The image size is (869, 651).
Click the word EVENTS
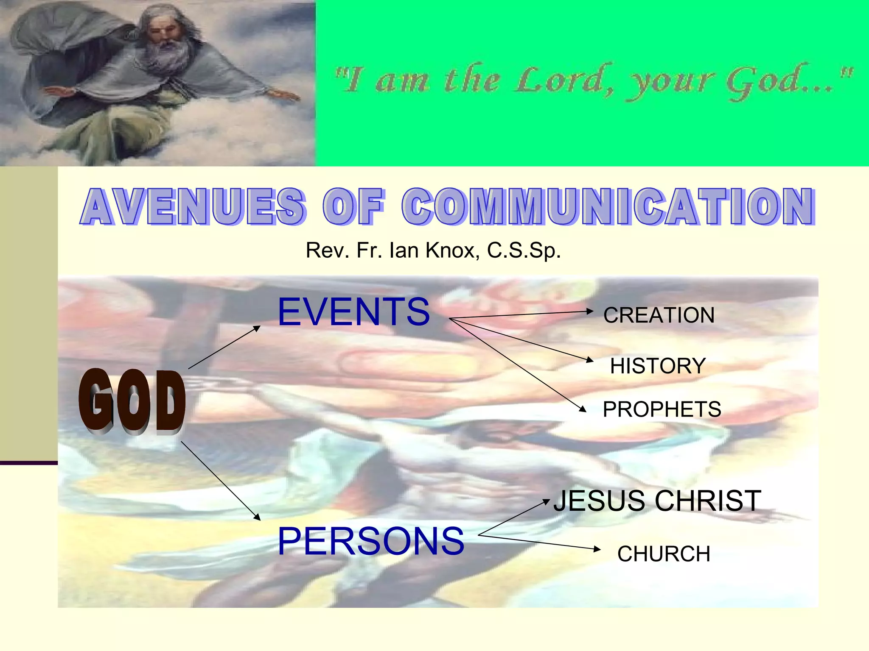pyautogui.click(x=353, y=312)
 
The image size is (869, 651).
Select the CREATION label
pyautogui.click(x=659, y=315)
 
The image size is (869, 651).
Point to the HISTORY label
pyautogui.click(x=658, y=366)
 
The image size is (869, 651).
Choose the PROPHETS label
pyautogui.click(x=662, y=409)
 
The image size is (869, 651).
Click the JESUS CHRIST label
pyautogui.click(x=657, y=501)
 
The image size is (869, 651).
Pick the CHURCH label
pyautogui.click(x=664, y=554)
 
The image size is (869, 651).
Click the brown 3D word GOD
pyautogui.click(x=132, y=401)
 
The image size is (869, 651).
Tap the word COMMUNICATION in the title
pyautogui.click(x=608, y=206)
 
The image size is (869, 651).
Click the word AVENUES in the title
pyautogui.click(x=192, y=206)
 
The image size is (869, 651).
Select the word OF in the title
pyautogui.click(x=353, y=206)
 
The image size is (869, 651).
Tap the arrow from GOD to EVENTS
pyautogui.click(x=224, y=347)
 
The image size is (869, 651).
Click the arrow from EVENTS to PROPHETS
pyautogui.click(x=518, y=365)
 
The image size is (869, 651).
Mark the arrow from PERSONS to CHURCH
pyautogui.click(x=539, y=542)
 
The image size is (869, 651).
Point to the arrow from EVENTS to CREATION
pyautogui.click(x=521, y=314)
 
